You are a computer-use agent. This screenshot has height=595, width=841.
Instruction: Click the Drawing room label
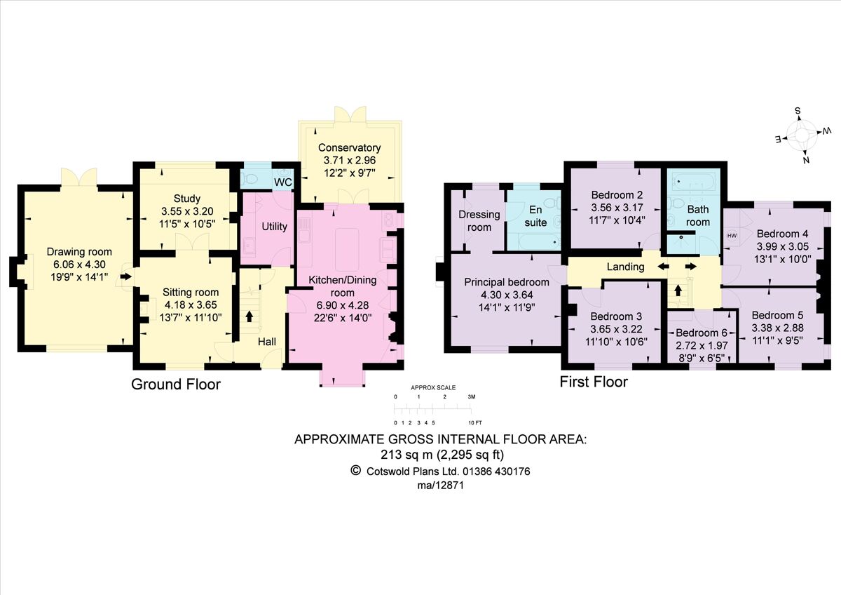[79, 252]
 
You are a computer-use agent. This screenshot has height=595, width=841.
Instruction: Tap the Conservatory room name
[349, 148]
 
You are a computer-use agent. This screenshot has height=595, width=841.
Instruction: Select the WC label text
[283, 182]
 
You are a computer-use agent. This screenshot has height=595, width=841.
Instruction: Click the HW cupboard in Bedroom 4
[732, 235]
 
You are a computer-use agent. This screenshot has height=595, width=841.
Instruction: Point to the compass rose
[802, 134]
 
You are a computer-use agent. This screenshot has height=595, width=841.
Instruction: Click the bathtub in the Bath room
[691, 182]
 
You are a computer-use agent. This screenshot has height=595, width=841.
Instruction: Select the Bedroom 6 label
[697, 333]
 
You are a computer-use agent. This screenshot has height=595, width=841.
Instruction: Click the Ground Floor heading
[176, 385]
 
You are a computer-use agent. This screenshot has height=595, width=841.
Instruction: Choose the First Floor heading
[593, 382]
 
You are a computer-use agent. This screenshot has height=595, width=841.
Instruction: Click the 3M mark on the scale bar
[471, 397]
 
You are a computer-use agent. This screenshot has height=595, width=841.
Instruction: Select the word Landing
[625, 267]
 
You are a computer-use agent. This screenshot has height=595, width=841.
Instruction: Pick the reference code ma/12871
[441, 485]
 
